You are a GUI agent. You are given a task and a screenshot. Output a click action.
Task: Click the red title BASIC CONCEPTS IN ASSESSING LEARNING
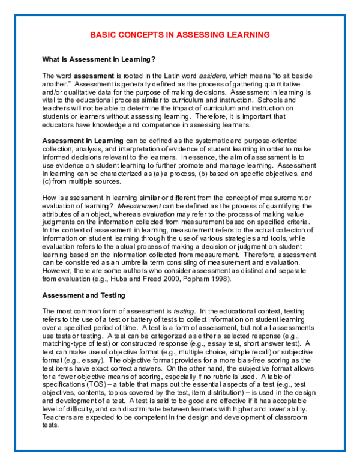pos(179,35)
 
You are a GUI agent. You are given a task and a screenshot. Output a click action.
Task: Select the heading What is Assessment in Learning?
pos(99,59)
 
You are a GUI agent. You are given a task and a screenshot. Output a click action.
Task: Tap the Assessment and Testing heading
pos(83,295)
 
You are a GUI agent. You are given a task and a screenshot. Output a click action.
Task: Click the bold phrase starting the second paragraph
pos(83,141)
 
